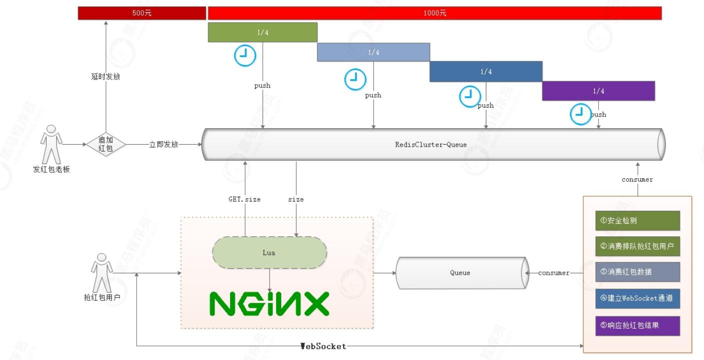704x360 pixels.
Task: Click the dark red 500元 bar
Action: click(x=142, y=13)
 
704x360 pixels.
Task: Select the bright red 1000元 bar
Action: click(x=434, y=13)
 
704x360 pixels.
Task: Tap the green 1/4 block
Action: click(x=262, y=32)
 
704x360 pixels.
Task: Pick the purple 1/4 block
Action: click(x=598, y=91)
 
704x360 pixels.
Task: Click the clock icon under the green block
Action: click(x=245, y=56)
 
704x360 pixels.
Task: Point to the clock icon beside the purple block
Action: click(x=581, y=114)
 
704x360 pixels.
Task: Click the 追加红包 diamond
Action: click(x=106, y=144)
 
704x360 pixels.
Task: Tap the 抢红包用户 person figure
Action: click(x=102, y=272)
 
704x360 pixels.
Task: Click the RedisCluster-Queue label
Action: click(x=431, y=145)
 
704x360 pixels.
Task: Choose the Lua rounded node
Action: click(x=269, y=252)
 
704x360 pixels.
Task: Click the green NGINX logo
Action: click(x=269, y=303)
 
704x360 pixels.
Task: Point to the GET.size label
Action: click(x=245, y=199)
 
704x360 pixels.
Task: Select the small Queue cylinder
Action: click(x=460, y=273)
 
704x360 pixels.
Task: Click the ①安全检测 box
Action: click(x=637, y=221)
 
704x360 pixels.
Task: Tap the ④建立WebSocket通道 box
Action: click(x=637, y=298)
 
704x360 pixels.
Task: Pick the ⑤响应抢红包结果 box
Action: click(x=637, y=325)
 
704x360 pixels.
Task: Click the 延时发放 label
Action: click(x=106, y=77)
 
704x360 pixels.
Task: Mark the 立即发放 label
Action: click(x=164, y=145)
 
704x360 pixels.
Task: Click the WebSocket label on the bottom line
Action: click(x=323, y=346)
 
